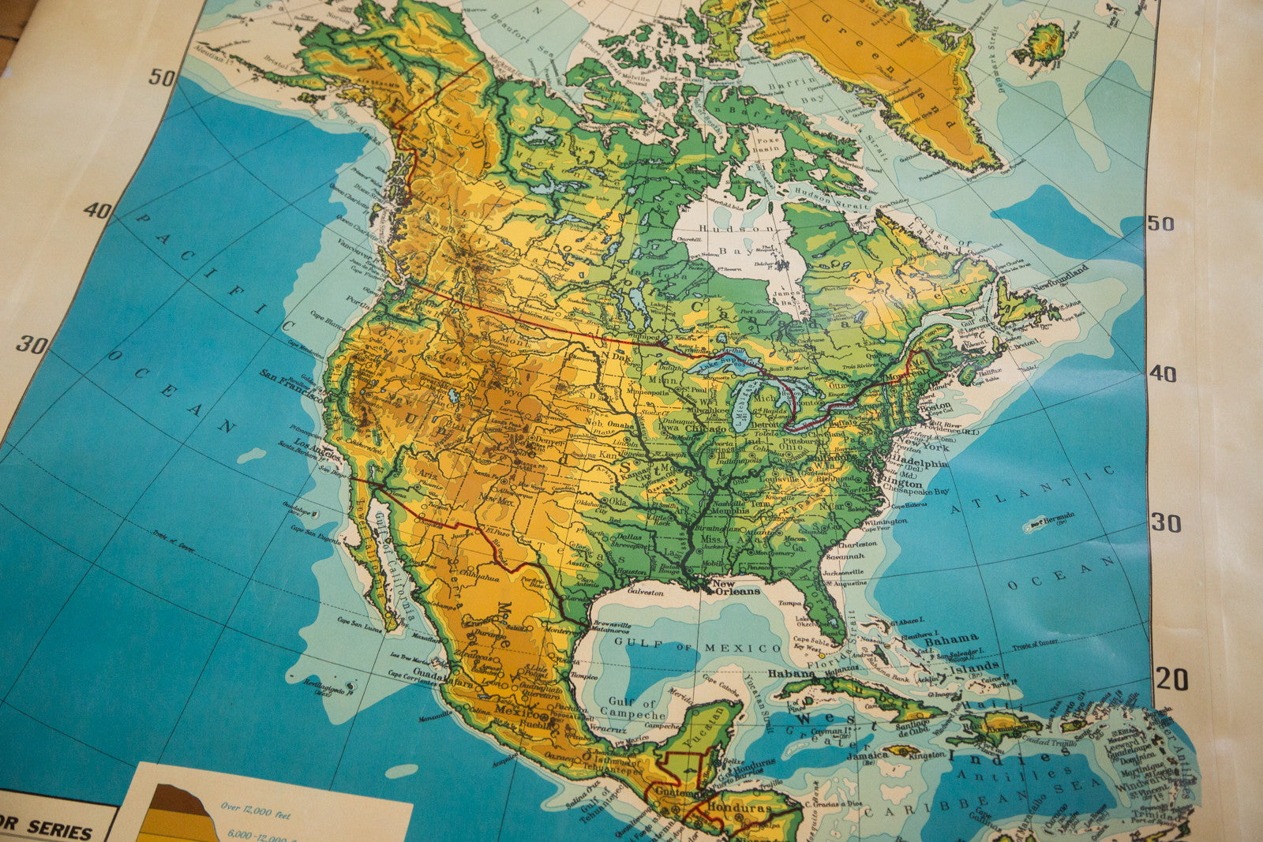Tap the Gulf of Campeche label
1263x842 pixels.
632,708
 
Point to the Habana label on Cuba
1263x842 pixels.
791,673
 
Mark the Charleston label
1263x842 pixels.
857,544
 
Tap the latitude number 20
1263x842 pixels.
1171,679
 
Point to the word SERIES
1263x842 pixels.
59,829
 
